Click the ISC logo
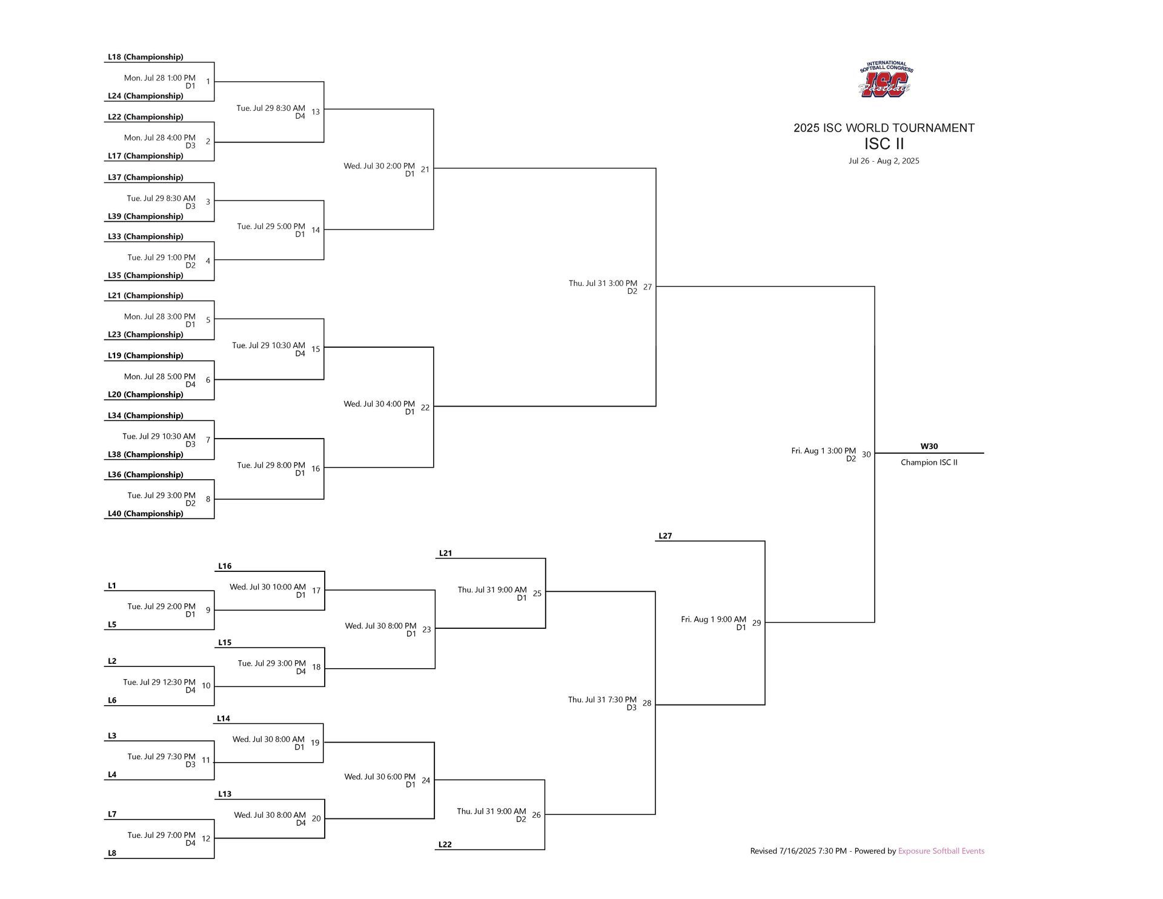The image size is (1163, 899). point(886,79)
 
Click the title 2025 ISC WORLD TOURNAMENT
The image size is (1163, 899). point(884,128)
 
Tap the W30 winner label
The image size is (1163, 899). point(929,446)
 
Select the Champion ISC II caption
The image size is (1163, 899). point(929,462)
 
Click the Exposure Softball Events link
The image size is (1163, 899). point(941,851)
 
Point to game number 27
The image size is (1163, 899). point(648,287)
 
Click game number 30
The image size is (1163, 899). point(866,454)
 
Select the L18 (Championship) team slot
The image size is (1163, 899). point(145,57)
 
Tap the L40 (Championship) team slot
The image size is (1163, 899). point(145,514)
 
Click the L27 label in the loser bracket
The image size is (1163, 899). point(665,536)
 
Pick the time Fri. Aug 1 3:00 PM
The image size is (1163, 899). point(823,451)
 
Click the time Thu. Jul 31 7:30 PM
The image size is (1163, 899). point(602,700)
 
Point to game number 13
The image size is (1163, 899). point(316,111)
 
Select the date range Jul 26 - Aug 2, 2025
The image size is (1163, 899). point(884,161)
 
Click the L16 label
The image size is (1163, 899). point(225,566)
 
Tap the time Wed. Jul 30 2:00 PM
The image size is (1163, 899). point(379,166)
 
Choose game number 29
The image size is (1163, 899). point(757,623)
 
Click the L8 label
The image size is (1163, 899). point(112,853)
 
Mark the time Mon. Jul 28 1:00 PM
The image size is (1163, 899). point(160,78)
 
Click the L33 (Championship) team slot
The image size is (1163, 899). point(145,236)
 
